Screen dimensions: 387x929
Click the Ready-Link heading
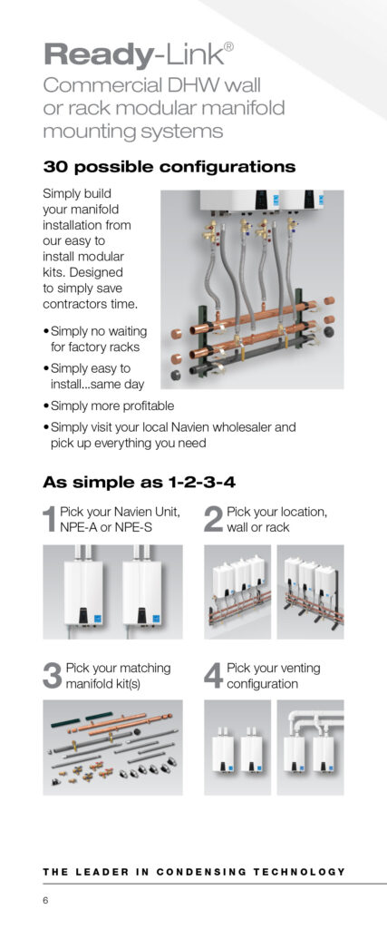click(x=138, y=54)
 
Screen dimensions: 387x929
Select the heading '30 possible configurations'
click(x=169, y=167)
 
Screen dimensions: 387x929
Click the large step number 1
click(x=50, y=519)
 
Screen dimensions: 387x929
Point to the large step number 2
click(x=213, y=519)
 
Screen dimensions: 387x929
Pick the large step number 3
click(x=53, y=676)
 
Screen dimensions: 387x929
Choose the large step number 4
click(x=214, y=676)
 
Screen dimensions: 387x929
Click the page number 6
click(x=45, y=901)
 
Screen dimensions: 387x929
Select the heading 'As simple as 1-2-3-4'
click(x=139, y=483)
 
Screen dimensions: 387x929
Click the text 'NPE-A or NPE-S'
click(x=106, y=527)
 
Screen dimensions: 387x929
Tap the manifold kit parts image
click(x=112, y=748)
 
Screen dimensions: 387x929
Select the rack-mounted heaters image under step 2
click(x=310, y=592)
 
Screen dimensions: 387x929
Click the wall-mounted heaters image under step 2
click(x=237, y=592)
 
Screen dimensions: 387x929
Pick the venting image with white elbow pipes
click(x=310, y=748)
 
